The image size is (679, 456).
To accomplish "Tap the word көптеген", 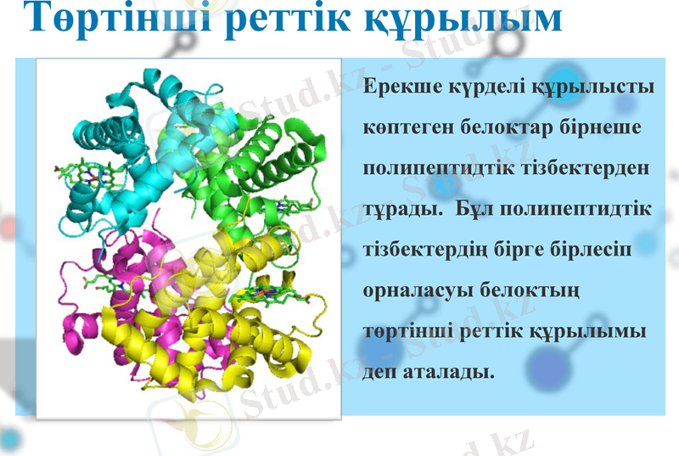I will click(x=407, y=128).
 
